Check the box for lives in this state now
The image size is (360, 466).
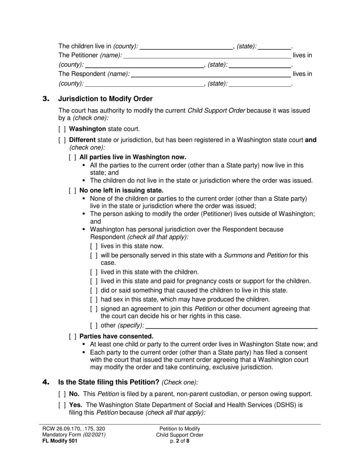(94, 246)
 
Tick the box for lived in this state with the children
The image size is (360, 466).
(94, 272)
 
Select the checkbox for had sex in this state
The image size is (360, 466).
(94, 300)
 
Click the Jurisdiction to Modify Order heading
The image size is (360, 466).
(105, 99)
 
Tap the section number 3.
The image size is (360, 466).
(46, 99)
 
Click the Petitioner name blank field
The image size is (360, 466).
(207, 56)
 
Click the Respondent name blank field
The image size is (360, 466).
(210, 74)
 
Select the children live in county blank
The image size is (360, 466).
(186, 47)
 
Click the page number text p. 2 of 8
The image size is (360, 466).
(180, 441)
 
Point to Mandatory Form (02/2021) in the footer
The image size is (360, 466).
(74, 435)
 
